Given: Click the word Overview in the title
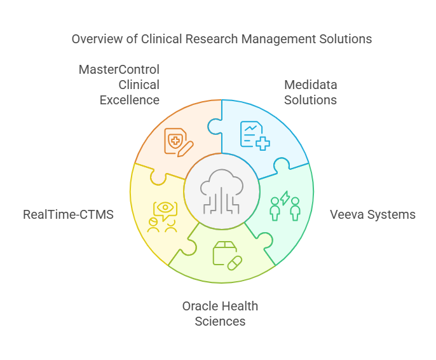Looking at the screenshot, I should (96, 39).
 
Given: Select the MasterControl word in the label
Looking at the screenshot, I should (119, 69).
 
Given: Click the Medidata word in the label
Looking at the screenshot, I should (311, 85).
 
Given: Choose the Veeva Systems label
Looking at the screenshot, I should (372, 214).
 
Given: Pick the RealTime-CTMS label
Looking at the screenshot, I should (68, 214).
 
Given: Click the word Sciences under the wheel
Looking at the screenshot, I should (220, 321).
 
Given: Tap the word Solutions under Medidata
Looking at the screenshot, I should (311, 100).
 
